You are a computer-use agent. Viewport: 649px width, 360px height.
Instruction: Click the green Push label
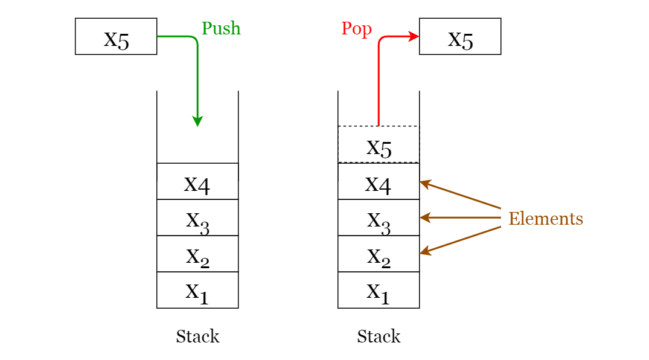click(x=221, y=28)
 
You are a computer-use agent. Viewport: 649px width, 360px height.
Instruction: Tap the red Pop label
click(x=356, y=29)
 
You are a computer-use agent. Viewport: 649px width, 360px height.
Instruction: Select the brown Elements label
click(x=546, y=218)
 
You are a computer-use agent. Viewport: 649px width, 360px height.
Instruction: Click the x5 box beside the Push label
click(x=116, y=37)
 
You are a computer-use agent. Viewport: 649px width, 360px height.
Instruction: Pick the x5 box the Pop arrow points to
click(x=460, y=37)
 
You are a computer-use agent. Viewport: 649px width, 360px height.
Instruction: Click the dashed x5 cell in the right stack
click(x=379, y=145)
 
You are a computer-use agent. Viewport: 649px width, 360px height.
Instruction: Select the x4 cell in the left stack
click(x=197, y=181)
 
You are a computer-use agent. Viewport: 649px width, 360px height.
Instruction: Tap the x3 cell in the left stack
click(x=197, y=217)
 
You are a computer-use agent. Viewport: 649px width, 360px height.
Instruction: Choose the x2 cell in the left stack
click(x=197, y=254)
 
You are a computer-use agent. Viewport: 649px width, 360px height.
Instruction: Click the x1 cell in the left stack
click(x=197, y=290)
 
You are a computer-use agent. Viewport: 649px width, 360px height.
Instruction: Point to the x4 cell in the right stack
click(x=379, y=181)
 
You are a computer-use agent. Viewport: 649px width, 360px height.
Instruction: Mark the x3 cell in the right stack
click(x=379, y=217)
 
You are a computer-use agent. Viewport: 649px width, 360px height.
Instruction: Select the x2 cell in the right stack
click(x=379, y=254)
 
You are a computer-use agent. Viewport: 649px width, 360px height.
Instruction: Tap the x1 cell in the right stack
click(x=379, y=290)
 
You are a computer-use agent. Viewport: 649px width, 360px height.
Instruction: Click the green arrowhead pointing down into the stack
click(x=197, y=121)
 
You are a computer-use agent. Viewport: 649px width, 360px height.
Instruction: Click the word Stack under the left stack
click(x=197, y=336)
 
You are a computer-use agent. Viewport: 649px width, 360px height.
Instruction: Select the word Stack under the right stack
click(x=379, y=336)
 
